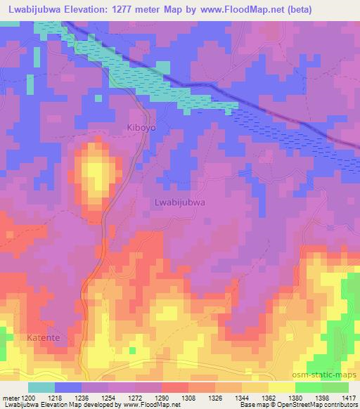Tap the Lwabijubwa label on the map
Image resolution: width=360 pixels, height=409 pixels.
179,202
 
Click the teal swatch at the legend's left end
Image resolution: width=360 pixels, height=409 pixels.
41,387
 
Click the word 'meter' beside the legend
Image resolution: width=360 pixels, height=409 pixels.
11,398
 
